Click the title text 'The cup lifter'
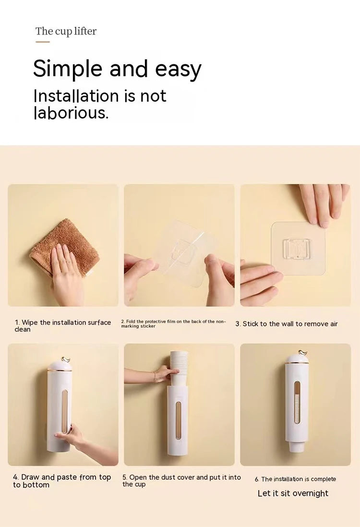(66, 31)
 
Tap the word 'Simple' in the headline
(68, 69)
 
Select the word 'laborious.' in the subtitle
(71, 113)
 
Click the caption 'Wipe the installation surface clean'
(62, 326)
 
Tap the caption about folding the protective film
(173, 323)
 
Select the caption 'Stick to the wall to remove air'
(287, 324)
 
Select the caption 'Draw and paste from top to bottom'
(62, 481)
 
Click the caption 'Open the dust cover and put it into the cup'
(181, 480)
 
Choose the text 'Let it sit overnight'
(293, 493)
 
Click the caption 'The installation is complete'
(295, 479)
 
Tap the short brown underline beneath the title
(43, 42)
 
